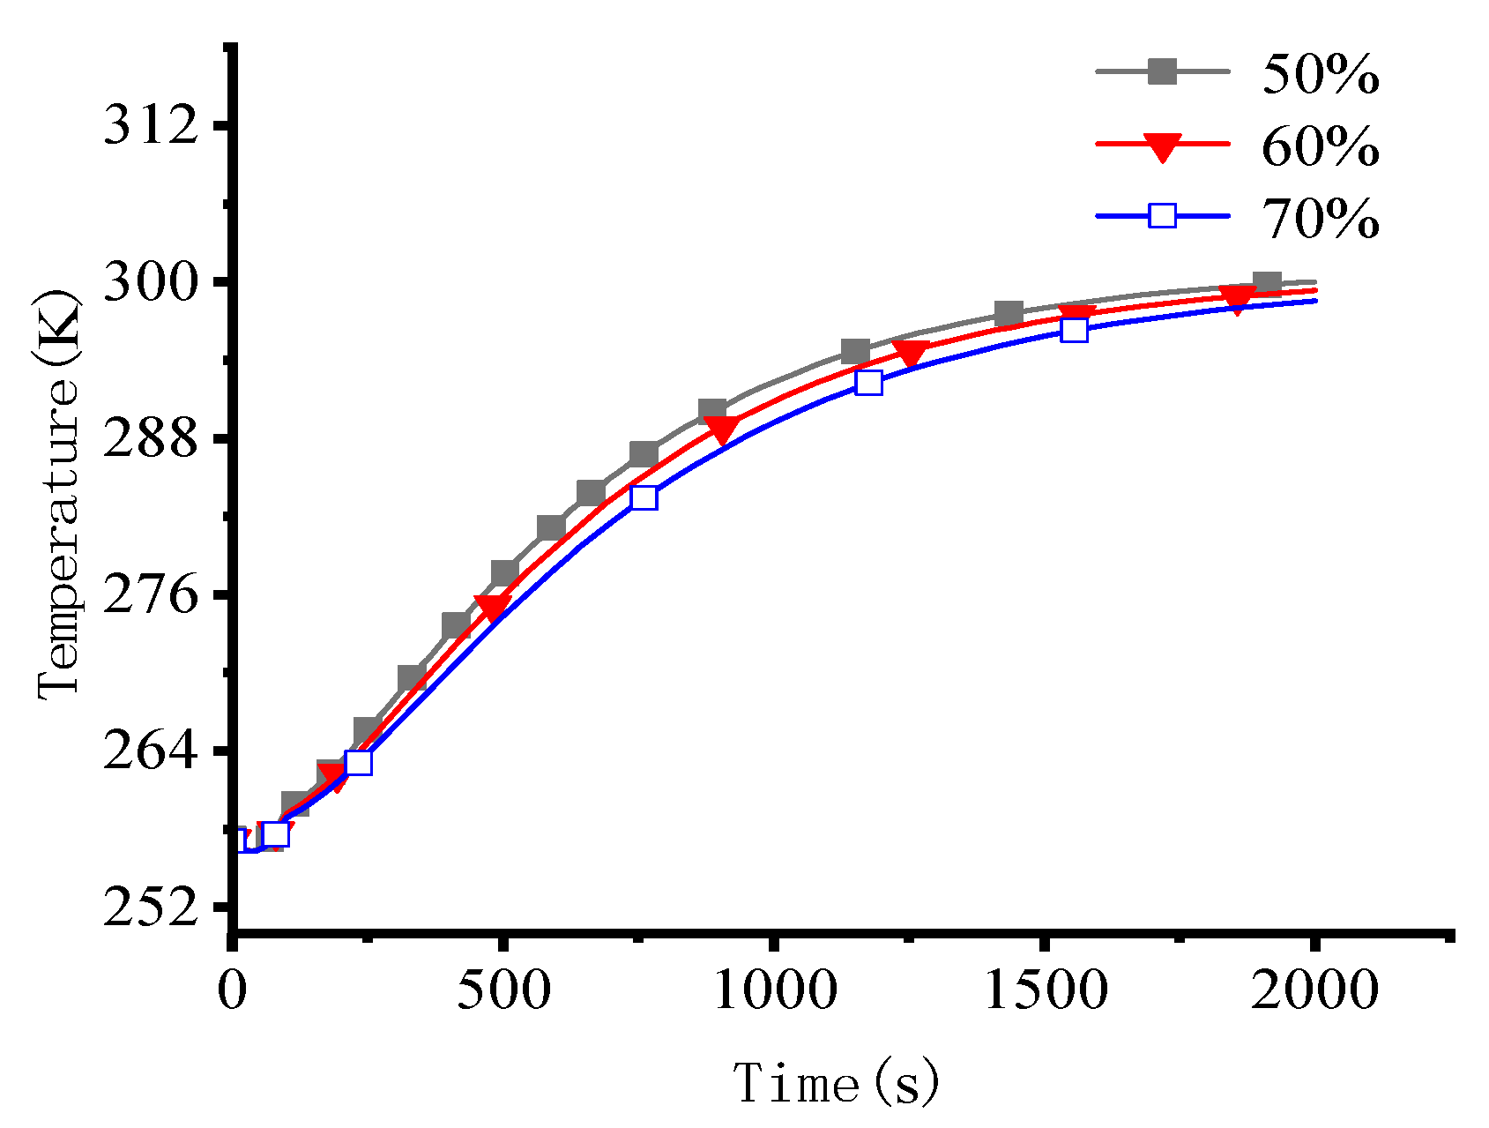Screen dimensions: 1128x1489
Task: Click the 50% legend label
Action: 1320,74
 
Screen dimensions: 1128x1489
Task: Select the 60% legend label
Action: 1320,146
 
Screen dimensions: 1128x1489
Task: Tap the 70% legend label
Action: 1320,219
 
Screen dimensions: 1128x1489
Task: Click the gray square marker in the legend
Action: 1163,71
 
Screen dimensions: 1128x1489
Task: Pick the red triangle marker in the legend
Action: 1163,146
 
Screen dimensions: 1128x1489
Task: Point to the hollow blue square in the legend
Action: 1163,215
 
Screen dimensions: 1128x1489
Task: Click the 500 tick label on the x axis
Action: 503,990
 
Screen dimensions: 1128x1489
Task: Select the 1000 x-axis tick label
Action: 774,990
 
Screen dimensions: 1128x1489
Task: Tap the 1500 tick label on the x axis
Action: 1046,990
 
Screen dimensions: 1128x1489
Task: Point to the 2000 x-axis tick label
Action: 1314,990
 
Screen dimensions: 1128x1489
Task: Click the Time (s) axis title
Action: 836,1083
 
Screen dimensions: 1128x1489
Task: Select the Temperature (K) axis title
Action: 60,494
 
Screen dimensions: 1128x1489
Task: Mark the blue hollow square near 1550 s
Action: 1074,331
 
